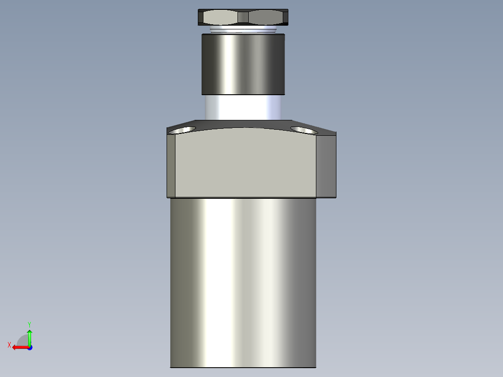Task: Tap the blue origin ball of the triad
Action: click(x=29, y=347)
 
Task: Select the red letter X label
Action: click(x=9, y=345)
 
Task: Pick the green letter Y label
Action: click(x=29, y=324)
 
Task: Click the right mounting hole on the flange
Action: click(x=304, y=129)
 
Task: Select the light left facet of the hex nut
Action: click(x=219, y=18)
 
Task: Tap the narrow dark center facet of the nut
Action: click(x=243, y=18)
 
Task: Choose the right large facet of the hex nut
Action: click(x=266, y=18)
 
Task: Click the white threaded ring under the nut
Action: click(x=243, y=30)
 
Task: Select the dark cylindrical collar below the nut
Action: click(x=243, y=64)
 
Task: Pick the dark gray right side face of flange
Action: click(x=326, y=166)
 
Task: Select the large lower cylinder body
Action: click(x=243, y=280)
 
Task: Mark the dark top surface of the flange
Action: click(x=243, y=124)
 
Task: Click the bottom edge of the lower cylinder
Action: click(x=243, y=367)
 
